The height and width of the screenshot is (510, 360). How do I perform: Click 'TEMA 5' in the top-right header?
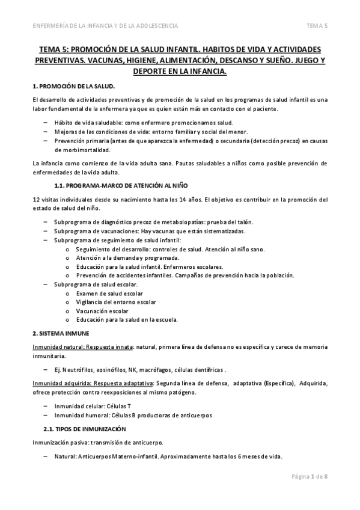click(x=317, y=26)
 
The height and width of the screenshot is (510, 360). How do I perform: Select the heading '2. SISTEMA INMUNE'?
click(x=61, y=332)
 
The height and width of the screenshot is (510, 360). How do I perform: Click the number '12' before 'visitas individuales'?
click(x=37, y=199)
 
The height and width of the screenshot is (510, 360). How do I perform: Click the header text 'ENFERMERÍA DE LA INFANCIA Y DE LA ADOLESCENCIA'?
click(x=108, y=26)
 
